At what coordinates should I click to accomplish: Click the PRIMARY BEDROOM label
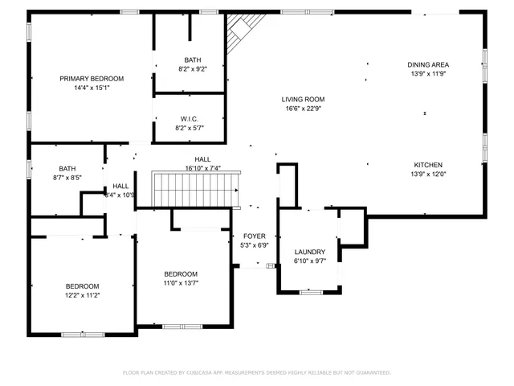92,79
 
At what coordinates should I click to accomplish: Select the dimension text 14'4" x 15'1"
92,88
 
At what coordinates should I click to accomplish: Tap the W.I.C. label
190,119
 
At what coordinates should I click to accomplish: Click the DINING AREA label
428,64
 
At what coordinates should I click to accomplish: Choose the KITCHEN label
427,164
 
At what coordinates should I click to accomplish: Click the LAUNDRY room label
308,252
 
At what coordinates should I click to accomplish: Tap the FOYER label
254,236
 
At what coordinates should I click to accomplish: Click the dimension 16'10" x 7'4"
202,169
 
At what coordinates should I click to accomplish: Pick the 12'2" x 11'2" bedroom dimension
82,295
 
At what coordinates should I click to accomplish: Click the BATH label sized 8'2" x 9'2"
193,60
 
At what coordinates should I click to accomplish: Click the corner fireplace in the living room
239,33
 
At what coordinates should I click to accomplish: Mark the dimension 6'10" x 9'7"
308,261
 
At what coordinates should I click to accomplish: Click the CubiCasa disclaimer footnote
256,372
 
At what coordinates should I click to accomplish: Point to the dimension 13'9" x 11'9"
428,74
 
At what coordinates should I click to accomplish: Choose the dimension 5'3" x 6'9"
254,245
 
